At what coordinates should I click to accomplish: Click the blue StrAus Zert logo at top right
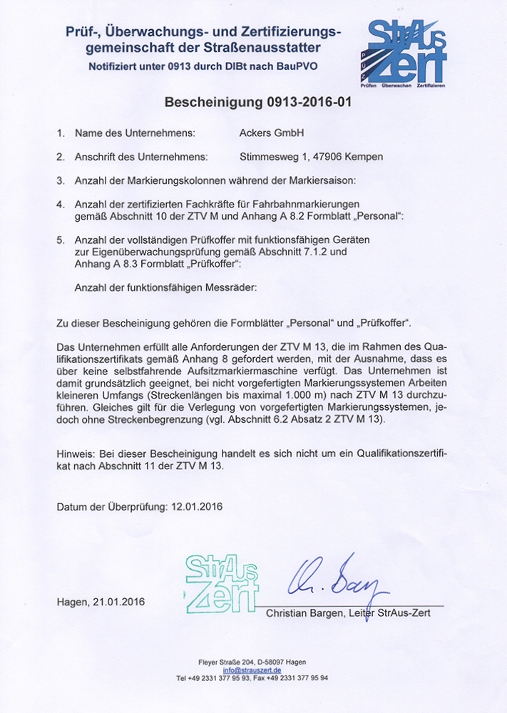click(x=406, y=51)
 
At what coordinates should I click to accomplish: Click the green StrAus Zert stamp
click(x=221, y=584)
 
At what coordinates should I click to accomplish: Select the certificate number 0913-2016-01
click(x=307, y=102)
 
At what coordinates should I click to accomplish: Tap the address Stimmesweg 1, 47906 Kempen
click(x=312, y=157)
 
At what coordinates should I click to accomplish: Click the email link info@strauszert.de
click(x=252, y=670)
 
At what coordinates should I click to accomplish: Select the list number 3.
click(x=61, y=180)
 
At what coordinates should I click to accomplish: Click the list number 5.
click(x=61, y=239)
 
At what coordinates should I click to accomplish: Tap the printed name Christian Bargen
click(x=307, y=612)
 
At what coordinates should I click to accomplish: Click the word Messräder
click(x=233, y=287)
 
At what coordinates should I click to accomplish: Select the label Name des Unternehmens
click(x=135, y=133)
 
